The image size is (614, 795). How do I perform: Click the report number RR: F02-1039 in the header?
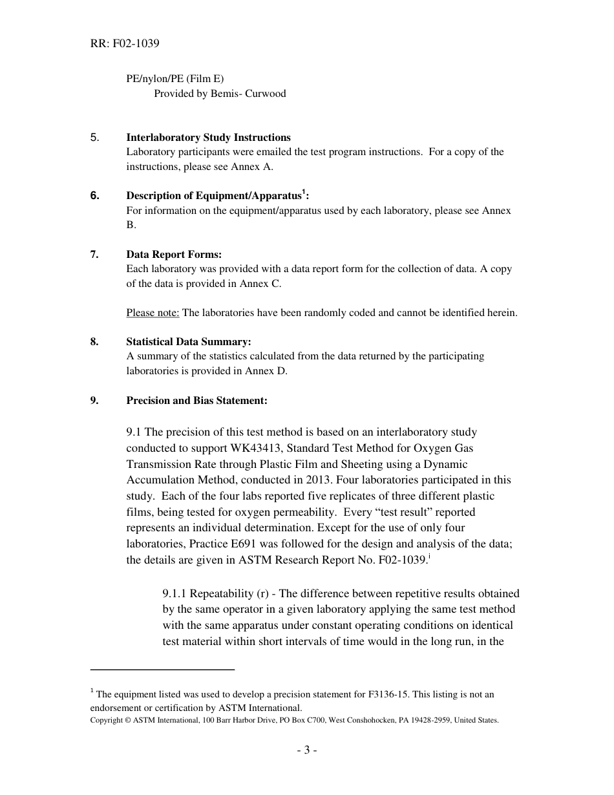coord(125,44)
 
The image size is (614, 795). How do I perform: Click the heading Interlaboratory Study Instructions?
coord(208,138)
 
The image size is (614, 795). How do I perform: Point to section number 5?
coord(94,138)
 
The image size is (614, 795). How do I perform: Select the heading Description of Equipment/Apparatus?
coord(214,196)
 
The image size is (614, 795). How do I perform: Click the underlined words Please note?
coord(153,313)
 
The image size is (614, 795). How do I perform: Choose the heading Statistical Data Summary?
coord(188,342)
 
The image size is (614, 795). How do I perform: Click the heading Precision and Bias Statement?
coord(196,401)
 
